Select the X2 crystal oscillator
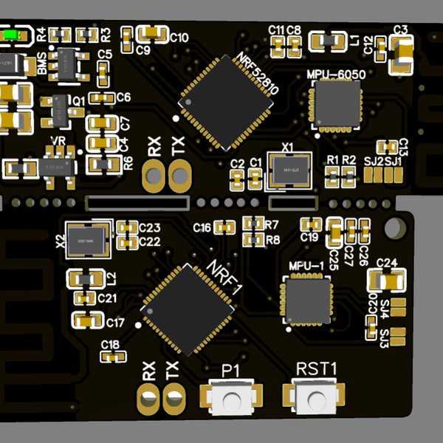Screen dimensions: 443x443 coord(86,237)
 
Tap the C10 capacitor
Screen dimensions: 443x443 coord(152,32)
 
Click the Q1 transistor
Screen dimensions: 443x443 coord(56,109)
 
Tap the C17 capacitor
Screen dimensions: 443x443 coord(88,319)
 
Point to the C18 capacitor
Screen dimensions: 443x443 coord(111,357)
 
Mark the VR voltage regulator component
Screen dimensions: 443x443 coord(58,163)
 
